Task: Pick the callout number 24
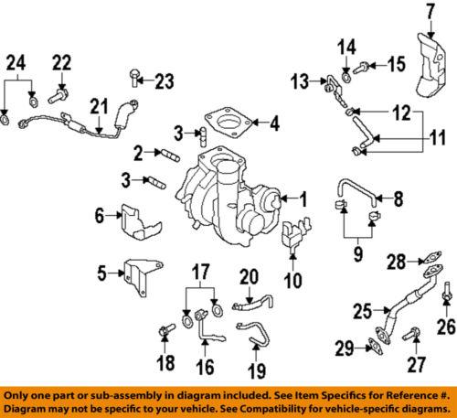pyautogui.click(x=17, y=63)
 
